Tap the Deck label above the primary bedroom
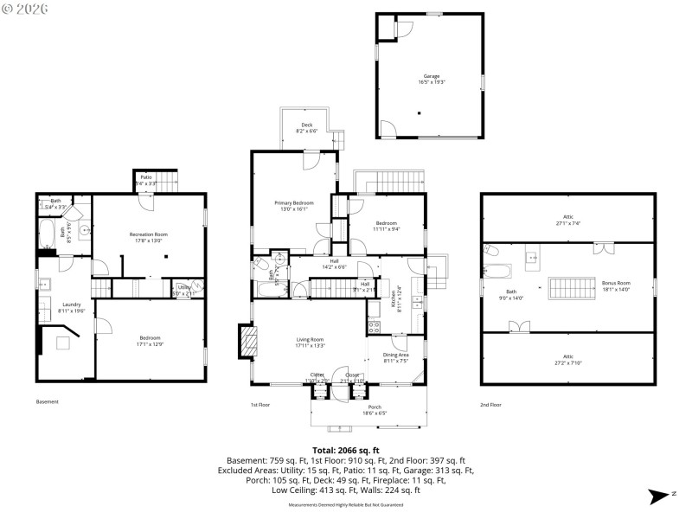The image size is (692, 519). pos(306,128)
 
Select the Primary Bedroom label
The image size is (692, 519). pos(294,205)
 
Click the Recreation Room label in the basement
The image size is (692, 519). pos(148,237)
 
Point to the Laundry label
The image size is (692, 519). pos(72,306)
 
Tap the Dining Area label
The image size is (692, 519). pos(396,357)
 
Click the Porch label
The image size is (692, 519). pos(375,409)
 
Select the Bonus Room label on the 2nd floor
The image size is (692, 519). pos(616,285)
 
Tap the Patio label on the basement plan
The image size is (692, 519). pos(146,180)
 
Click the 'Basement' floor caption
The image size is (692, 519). pos(48,402)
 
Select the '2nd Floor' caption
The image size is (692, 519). pos(490,404)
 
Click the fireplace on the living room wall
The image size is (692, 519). pos(248,340)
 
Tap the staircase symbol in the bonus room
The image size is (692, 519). pos(567,287)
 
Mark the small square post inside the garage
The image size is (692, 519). pos(420,112)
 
